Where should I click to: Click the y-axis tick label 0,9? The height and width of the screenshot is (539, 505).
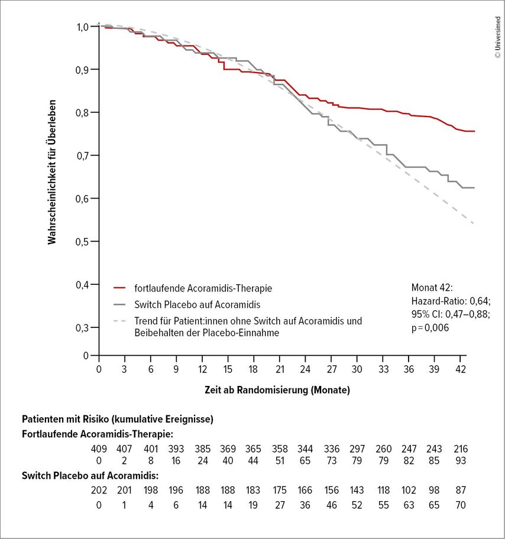click(x=82, y=70)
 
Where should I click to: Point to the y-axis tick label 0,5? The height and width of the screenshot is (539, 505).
click(x=82, y=242)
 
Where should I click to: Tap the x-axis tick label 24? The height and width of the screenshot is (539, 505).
click(x=305, y=369)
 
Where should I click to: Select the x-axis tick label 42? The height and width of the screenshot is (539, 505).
click(x=461, y=369)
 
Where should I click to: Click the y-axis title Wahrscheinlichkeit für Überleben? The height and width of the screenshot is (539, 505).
click(x=51, y=172)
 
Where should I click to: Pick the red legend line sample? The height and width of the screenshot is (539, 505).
click(x=119, y=288)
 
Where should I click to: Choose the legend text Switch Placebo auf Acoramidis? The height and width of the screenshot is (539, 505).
click(x=198, y=304)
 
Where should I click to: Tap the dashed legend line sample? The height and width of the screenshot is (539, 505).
click(x=119, y=321)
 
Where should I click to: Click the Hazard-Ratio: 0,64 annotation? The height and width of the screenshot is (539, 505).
click(x=451, y=301)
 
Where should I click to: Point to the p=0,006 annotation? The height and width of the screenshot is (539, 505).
click(x=430, y=328)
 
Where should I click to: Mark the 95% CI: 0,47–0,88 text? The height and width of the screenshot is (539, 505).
click(x=451, y=314)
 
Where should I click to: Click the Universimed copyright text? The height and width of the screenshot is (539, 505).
click(x=498, y=37)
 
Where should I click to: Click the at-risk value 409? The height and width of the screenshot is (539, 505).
click(x=99, y=449)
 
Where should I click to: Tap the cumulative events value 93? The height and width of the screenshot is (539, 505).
click(x=461, y=460)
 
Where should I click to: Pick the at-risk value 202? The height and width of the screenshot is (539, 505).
click(x=99, y=490)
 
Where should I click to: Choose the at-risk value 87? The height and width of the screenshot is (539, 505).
click(x=461, y=490)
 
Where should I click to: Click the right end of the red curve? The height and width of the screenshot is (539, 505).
click(x=474, y=131)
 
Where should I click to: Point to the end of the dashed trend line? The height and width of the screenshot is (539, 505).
click(x=474, y=224)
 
